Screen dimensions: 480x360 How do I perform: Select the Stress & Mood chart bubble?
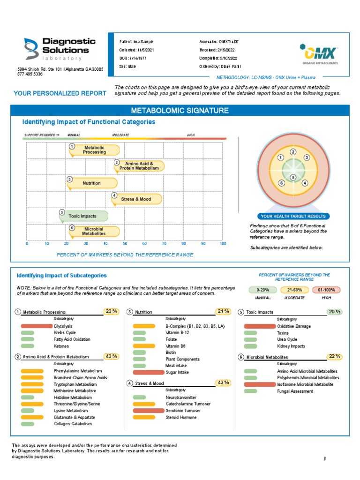137,199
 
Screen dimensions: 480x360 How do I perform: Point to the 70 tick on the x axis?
164,244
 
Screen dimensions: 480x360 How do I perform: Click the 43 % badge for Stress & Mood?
223,382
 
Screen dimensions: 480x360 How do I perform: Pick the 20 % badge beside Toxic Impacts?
335,311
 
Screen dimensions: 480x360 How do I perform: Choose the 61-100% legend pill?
327,290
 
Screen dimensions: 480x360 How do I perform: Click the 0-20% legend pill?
263,290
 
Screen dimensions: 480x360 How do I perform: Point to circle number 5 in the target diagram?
293,178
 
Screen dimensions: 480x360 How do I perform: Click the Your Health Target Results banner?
293,216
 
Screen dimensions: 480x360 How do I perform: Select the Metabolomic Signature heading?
180,111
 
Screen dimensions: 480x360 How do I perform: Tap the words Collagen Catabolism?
72,424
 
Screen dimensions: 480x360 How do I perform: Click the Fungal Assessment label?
295,391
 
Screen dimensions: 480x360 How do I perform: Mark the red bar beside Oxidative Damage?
257,326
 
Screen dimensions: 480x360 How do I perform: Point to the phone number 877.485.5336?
30,74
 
